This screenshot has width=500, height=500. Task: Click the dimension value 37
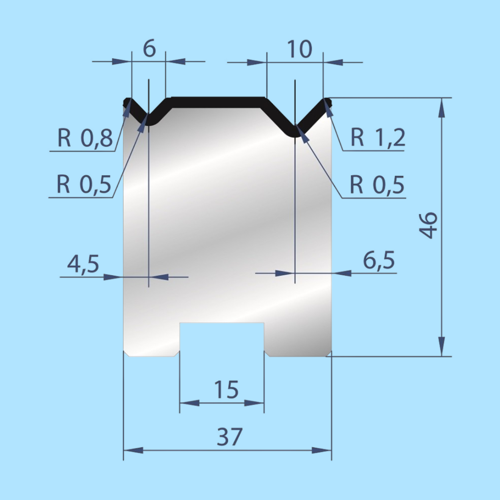point(230,437)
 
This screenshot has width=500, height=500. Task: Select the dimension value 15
point(226,389)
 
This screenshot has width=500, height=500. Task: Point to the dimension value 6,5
point(378,261)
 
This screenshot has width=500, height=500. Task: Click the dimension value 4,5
point(83,264)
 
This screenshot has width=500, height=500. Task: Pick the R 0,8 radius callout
point(85,138)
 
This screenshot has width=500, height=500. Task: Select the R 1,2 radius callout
point(378,138)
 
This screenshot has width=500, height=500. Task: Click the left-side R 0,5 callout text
point(84,184)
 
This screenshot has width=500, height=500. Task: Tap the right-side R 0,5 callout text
point(377,185)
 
